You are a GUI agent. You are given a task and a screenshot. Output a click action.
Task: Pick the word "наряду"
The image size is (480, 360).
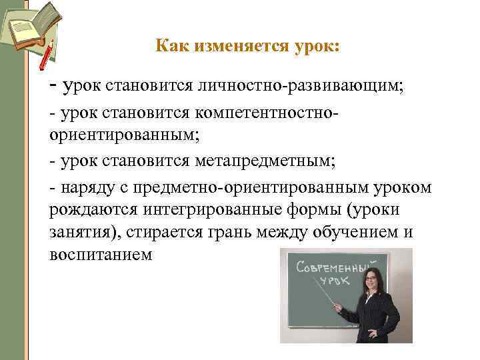(83, 188)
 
